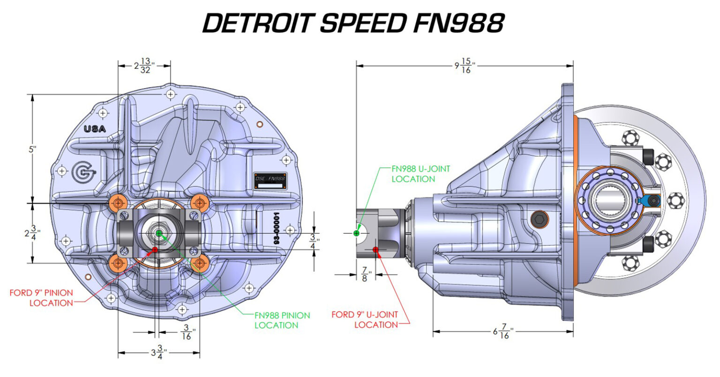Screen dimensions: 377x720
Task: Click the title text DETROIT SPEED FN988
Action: (x=353, y=23)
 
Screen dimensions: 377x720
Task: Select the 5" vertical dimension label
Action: (x=32, y=149)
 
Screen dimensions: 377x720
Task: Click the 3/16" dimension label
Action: (x=187, y=332)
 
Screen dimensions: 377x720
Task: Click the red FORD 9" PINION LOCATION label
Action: (x=41, y=298)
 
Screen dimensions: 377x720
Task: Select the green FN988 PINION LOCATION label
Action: (x=282, y=320)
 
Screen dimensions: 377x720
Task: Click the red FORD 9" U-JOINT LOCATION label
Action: (x=365, y=319)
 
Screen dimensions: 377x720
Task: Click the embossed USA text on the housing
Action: (x=95, y=129)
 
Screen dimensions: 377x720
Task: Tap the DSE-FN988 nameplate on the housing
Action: (x=270, y=180)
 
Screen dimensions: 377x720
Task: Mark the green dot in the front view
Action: (x=158, y=233)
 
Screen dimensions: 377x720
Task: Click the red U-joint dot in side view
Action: (x=375, y=249)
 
